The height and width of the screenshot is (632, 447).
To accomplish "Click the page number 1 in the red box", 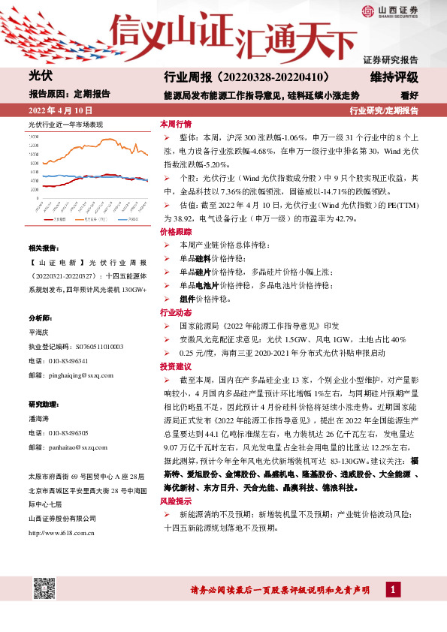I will point(392,591).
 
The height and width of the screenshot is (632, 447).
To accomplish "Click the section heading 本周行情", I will point(176,125).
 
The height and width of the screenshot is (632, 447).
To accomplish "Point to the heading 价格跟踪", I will point(176,233).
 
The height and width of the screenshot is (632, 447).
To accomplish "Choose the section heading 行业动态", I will point(176,312).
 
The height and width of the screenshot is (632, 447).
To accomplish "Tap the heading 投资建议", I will point(176,366).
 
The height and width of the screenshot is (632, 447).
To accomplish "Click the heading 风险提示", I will point(176,500).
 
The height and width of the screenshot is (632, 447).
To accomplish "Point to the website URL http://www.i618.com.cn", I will point(61,533).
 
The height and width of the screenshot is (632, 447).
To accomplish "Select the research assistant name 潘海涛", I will point(38,419).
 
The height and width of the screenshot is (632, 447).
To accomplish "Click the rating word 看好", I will point(409,95).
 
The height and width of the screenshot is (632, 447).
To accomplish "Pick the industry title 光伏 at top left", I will point(39,76).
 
